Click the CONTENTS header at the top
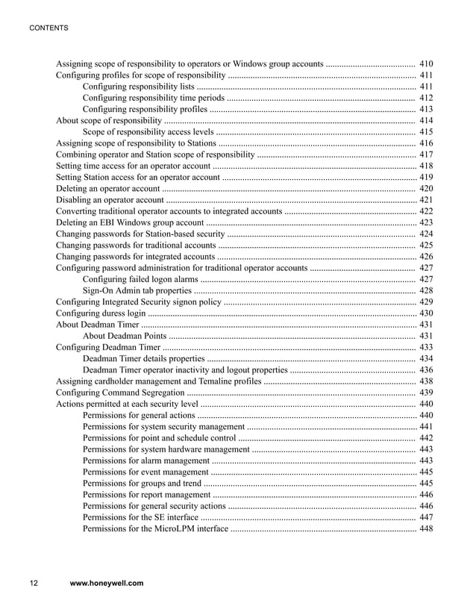click(48, 28)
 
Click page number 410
click(426, 64)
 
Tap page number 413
click(426, 109)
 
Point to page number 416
click(426, 143)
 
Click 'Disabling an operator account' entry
click(110, 200)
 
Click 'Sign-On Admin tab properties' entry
click(137, 290)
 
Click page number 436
click(426, 369)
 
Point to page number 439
click(426, 393)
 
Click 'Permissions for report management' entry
click(146, 494)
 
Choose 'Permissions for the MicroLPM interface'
click(155, 528)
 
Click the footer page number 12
click(34, 584)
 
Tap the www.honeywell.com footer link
click(106, 584)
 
